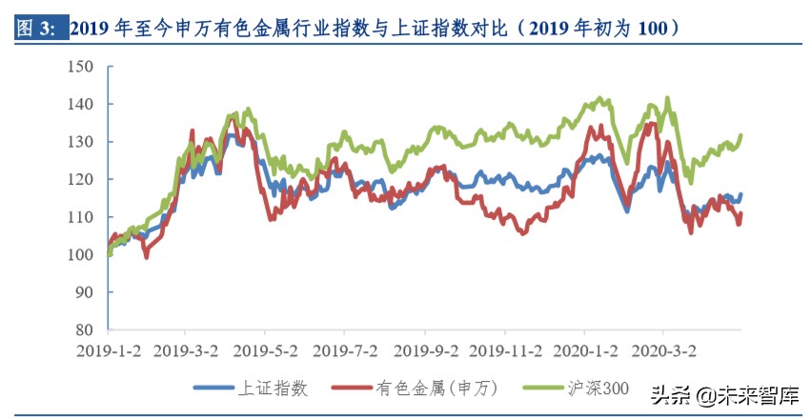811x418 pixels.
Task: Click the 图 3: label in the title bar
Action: click(37, 28)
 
